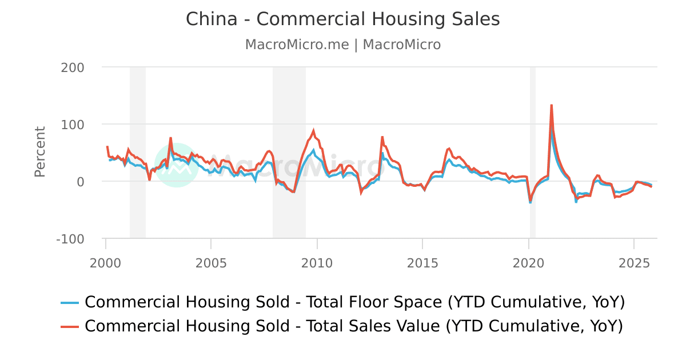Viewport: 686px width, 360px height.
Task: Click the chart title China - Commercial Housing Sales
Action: (x=343, y=19)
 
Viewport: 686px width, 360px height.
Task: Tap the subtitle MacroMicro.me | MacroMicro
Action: (x=343, y=45)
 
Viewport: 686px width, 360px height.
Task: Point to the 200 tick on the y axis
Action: (x=73, y=67)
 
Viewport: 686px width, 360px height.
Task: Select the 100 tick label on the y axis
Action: (x=73, y=125)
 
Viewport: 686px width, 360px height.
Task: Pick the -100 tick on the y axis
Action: (x=70, y=239)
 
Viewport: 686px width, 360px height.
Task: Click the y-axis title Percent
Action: (x=39, y=152)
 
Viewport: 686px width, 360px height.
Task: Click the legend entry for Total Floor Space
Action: (x=354, y=302)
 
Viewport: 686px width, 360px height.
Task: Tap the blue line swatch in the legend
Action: (x=70, y=303)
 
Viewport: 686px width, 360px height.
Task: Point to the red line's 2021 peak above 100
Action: (x=551, y=105)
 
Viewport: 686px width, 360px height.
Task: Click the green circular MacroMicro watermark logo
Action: (x=177, y=165)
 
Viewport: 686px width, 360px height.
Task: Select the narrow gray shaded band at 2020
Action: (x=532, y=152)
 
